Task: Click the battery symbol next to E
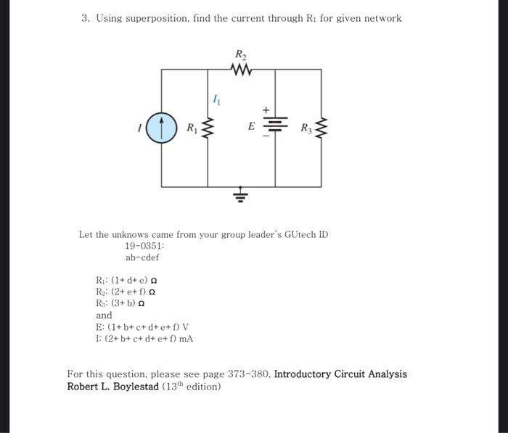click(x=275, y=127)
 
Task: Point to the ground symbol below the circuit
click(x=240, y=195)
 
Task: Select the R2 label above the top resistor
click(x=240, y=54)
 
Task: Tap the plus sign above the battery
click(x=266, y=110)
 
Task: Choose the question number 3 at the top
click(x=85, y=18)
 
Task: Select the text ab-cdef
click(x=142, y=257)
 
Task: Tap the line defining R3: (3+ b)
click(x=120, y=304)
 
